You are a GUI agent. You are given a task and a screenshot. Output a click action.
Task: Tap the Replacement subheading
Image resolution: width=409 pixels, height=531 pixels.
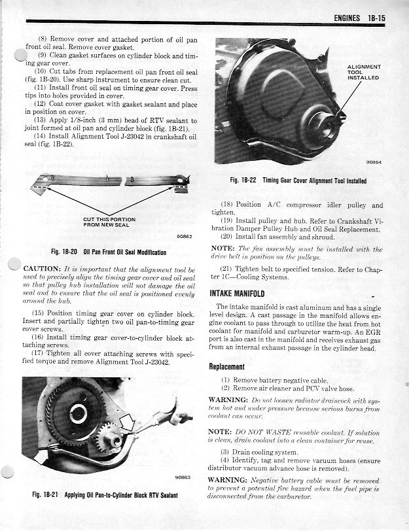[226, 367]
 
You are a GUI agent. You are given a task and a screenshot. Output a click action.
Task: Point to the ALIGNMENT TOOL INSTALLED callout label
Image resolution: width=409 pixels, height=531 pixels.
[364, 72]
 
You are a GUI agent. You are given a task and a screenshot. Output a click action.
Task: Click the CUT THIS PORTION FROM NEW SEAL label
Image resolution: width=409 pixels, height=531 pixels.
[109, 222]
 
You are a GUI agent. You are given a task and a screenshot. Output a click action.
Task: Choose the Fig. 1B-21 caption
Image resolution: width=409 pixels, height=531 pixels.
[105, 494]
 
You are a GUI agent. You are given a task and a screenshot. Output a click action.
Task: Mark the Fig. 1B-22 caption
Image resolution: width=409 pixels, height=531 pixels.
[298, 180]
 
